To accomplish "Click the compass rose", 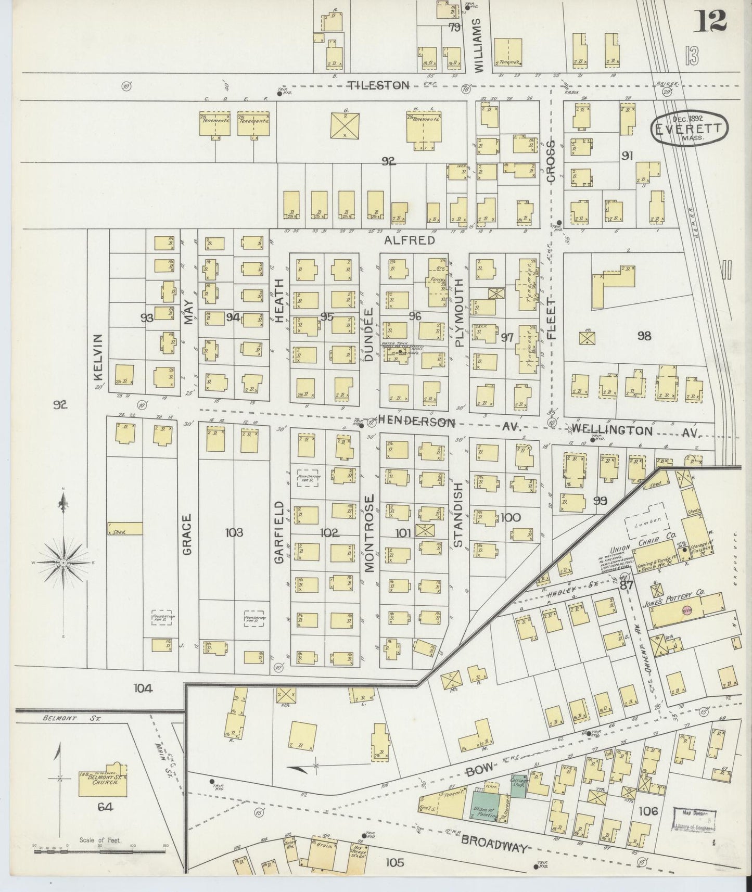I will click(62, 563).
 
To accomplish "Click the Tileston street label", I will click(378, 85).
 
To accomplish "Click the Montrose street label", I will click(369, 533).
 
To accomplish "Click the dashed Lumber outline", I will click(645, 520).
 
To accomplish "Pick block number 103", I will click(234, 532).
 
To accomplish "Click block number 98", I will click(644, 336).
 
